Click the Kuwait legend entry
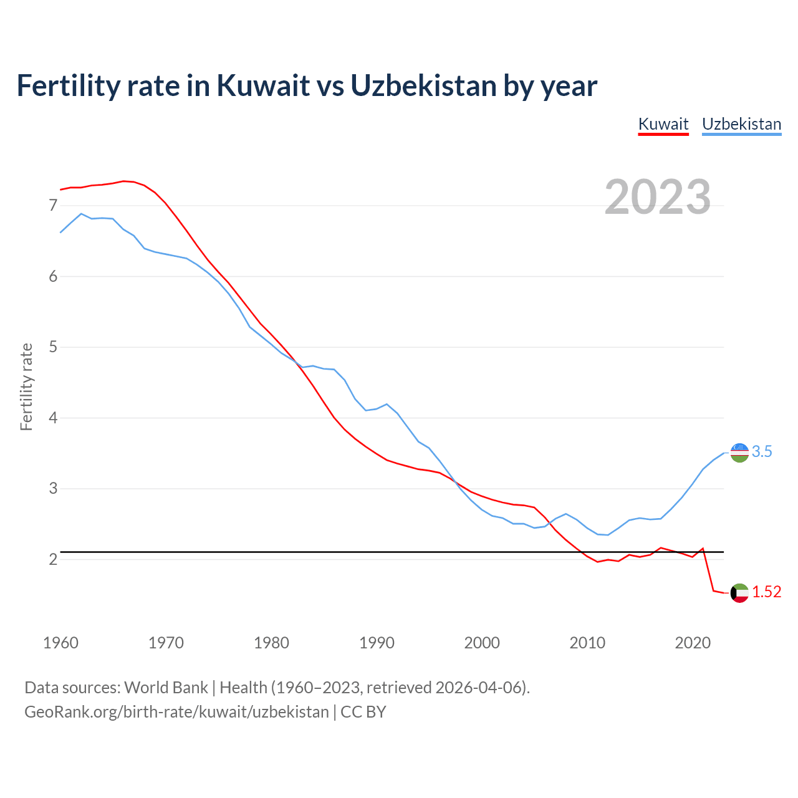pyautogui.click(x=663, y=124)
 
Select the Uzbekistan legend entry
pyautogui.click(x=741, y=124)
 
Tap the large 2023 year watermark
pyautogui.click(x=658, y=197)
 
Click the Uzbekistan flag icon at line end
pyautogui.click(x=739, y=453)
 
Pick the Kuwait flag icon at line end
pyautogui.click(x=739, y=593)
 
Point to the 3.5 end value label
pyautogui.click(x=762, y=452)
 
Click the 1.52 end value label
pyautogui.click(x=766, y=592)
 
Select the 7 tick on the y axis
pyautogui.click(x=53, y=205)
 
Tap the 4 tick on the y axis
pyautogui.click(x=53, y=418)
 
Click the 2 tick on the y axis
pyautogui.click(x=53, y=559)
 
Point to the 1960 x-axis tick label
pyautogui.click(x=60, y=643)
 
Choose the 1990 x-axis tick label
pyautogui.click(x=377, y=643)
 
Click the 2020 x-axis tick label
pyautogui.click(x=693, y=643)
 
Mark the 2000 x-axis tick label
pyautogui.click(x=482, y=643)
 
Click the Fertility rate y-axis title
pyautogui.click(x=26, y=387)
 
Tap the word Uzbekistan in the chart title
pyautogui.click(x=423, y=85)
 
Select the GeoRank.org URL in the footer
pyautogui.click(x=176, y=711)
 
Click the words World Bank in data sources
pyautogui.click(x=166, y=688)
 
